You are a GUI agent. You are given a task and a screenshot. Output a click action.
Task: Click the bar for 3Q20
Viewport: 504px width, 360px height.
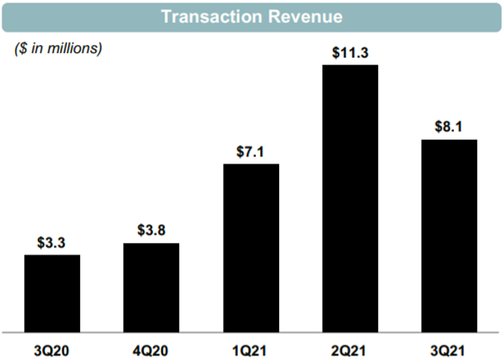tap(52, 292)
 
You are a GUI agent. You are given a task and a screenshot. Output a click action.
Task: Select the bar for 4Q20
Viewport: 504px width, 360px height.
tap(151, 286)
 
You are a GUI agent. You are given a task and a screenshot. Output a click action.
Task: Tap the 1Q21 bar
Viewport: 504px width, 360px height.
tap(250, 247)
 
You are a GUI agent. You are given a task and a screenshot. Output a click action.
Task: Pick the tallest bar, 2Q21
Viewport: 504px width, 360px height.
tap(350, 198)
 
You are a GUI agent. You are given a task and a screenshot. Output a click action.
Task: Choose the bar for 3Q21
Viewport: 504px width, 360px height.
tap(449, 235)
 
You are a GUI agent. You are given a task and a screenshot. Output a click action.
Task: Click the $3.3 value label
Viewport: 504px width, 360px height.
tap(52, 242)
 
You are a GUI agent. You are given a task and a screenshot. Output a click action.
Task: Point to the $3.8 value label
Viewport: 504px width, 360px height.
tap(151, 230)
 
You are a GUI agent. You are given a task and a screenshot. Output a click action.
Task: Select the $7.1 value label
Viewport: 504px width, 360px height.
tap(250, 151)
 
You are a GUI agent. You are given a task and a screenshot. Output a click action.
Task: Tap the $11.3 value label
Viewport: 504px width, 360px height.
tap(350, 52)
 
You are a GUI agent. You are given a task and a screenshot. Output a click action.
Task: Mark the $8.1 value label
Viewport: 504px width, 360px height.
tap(449, 127)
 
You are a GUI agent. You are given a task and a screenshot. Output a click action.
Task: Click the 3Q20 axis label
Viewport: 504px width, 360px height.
tap(52, 349)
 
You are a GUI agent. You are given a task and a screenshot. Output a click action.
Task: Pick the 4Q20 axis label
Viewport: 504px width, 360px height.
tap(151, 349)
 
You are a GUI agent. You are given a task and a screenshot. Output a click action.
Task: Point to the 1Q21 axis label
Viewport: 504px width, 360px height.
tap(250, 349)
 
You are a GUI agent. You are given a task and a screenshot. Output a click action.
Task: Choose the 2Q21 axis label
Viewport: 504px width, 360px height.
tap(350, 349)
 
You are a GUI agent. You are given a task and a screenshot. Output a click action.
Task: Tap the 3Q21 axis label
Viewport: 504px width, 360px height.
tap(449, 349)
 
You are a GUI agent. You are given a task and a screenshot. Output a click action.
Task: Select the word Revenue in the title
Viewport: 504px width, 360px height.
tap(307, 16)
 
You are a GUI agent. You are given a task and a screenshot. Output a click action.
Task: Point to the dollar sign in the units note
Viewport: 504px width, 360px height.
tap(19, 49)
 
